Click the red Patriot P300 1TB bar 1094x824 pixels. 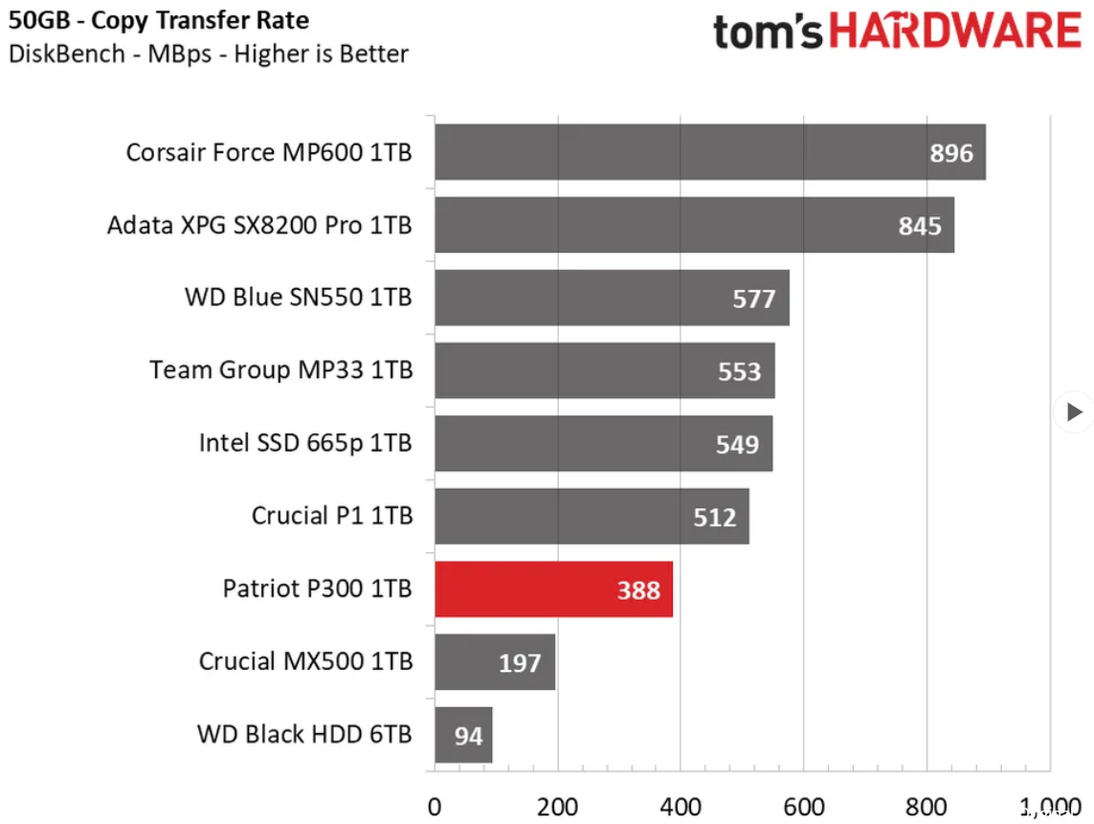(x=553, y=590)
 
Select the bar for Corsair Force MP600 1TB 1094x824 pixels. (x=709, y=152)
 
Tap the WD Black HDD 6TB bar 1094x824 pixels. (x=463, y=735)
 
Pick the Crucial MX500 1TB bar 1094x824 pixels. (x=495, y=662)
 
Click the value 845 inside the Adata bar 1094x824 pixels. (x=919, y=226)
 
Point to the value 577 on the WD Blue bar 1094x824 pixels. (x=753, y=299)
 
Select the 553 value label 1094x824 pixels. (x=739, y=371)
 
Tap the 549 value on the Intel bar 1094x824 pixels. (x=737, y=444)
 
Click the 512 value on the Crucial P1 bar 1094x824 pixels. (x=714, y=517)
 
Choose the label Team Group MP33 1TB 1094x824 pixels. (x=280, y=369)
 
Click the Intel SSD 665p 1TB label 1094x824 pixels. (x=305, y=442)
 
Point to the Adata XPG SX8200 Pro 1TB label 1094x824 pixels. (x=259, y=225)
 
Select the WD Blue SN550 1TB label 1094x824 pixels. (x=298, y=297)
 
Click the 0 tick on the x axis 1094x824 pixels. (x=435, y=806)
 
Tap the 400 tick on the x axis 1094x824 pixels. (x=681, y=806)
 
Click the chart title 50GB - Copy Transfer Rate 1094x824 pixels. (x=158, y=20)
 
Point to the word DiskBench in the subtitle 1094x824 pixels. (x=66, y=54)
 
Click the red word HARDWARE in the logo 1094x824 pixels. (x=954, y=32)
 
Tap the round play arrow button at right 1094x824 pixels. (x=1073, y=412)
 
